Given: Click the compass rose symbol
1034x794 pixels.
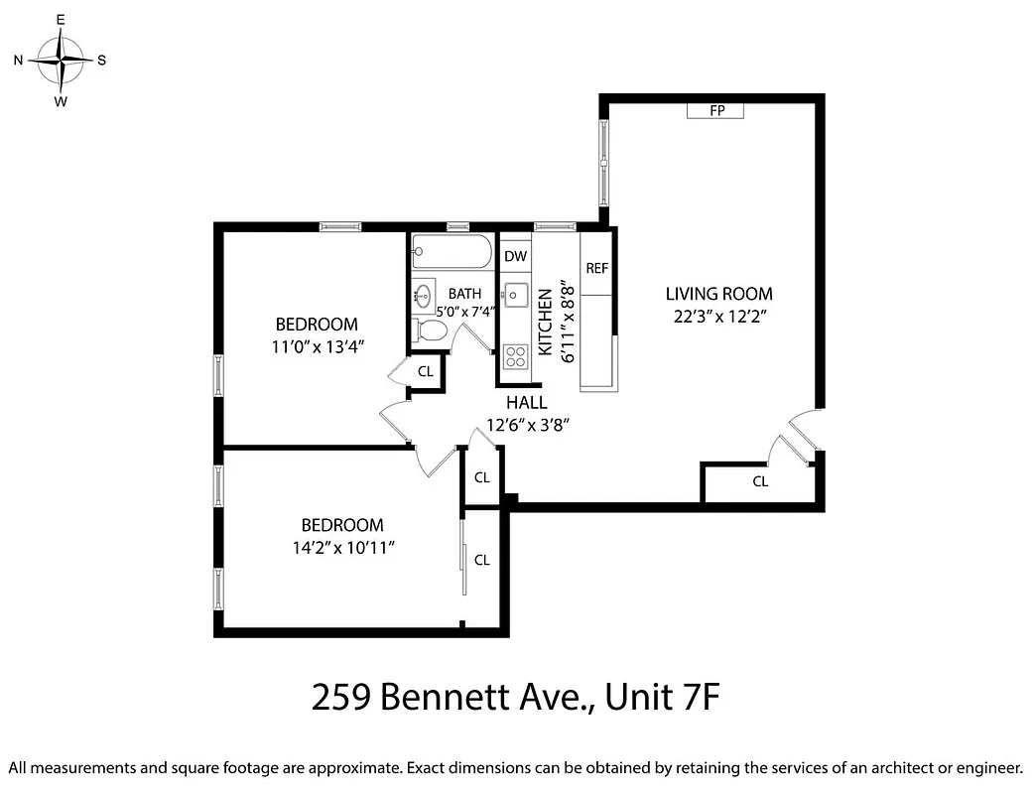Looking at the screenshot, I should pyautogui.click(x=61, y=60).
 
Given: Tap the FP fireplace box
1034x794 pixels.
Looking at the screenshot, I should pyautogui.click(x=714, y=110).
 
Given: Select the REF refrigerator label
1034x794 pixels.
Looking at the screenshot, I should pyautogui.click(x=596, y=268).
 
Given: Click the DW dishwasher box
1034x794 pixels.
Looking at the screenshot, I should pyautogui.click(x=515, y=257).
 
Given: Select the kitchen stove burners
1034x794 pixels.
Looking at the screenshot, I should pyautogui.click(x=515, y=355).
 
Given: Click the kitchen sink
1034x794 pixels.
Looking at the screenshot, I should pyautogui.click(x=515, y=295).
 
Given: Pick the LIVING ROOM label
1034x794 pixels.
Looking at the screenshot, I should pyautogui.click(x=718, y=294).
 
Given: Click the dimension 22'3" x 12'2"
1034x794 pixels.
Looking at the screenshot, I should pyautogui.click(x=718, y=317).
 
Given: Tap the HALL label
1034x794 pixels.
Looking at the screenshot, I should pyautogui.click(x=526, y=403).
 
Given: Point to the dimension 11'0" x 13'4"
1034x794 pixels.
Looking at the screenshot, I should pyautogui.click(x=316, y=346).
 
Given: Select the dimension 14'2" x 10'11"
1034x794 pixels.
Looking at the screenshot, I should pyautogui.click(x=342, y=548).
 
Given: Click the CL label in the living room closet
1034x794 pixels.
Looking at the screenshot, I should pyautogui.click(x=760, y=482).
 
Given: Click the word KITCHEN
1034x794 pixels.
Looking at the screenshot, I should pyautogui.click(x=545, y=323).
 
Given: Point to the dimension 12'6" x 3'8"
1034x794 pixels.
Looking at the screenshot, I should pyautogui.click(x=527, y=425).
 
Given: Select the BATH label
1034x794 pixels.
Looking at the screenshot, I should pyautogui.click(x=464, y=294).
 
